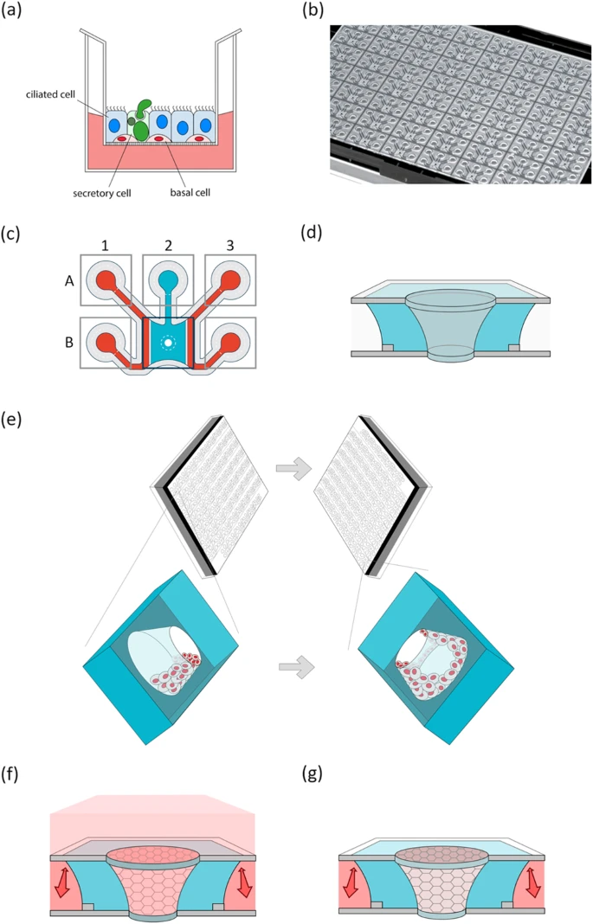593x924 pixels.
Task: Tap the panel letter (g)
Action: (x=313, y=773)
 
